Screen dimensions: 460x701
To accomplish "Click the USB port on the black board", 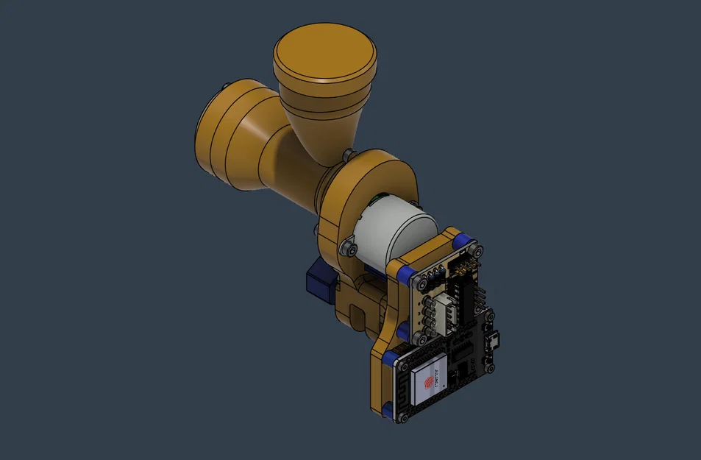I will click(x=491, y=340).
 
